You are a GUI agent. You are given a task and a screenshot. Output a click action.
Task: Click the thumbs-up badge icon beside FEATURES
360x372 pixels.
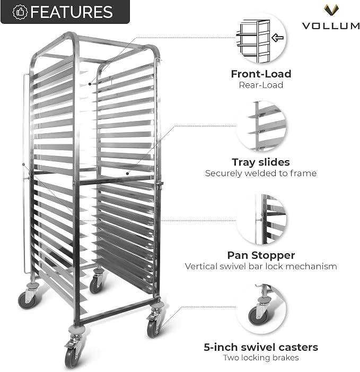pos(20,12)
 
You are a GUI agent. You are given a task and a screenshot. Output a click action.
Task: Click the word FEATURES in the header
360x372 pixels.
pos(72,12)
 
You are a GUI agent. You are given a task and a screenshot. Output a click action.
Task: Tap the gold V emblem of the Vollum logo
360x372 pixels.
pos(331,10)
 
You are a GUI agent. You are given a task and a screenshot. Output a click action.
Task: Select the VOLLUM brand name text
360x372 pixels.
pos(331,25)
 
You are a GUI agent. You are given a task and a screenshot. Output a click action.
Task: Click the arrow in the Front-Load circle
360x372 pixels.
pos(277,38)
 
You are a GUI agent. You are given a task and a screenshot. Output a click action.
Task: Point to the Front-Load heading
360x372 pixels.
pos(261,74)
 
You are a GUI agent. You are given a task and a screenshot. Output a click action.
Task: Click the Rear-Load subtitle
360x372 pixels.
pos(261,85)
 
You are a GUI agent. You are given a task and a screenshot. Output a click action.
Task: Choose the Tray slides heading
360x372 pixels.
pos(261,162)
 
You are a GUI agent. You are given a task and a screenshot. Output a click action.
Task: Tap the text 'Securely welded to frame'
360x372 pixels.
pos(261,173)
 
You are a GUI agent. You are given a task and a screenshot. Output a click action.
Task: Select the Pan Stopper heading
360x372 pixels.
pos(261,255)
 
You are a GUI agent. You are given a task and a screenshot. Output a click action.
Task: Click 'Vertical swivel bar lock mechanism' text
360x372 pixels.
pos(261,266)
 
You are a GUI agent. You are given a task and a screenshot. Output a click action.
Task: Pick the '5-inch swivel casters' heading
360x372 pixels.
pos(261,348)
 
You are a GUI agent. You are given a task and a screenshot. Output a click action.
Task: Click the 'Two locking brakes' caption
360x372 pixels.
pos(261,358)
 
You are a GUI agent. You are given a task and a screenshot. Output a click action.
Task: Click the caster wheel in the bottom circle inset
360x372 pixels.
pos(258,316)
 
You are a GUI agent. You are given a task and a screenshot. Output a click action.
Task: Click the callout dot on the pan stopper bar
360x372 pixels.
pos(23,165)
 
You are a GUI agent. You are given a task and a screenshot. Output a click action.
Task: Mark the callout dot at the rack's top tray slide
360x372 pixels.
pos(90,84)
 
